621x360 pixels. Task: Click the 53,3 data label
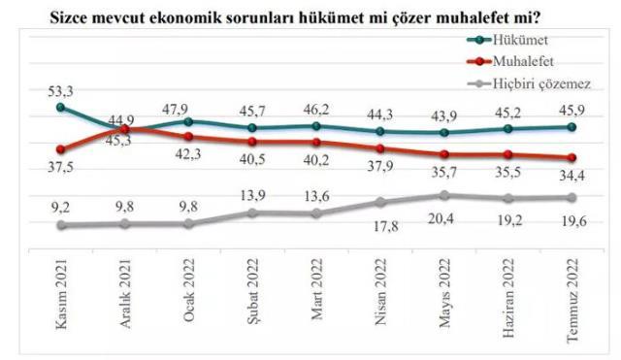[61, 90]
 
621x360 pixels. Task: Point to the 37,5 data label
[60, 167]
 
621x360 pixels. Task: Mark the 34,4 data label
[572, 176]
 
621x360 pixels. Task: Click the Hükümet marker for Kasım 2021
[61, 107]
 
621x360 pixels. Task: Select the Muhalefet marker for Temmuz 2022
[572, 158]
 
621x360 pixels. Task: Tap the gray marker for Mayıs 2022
[443, 195]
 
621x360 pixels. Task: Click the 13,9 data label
[252, 195]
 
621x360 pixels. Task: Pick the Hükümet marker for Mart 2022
[316, 125]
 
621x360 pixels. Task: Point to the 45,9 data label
[572, 110]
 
